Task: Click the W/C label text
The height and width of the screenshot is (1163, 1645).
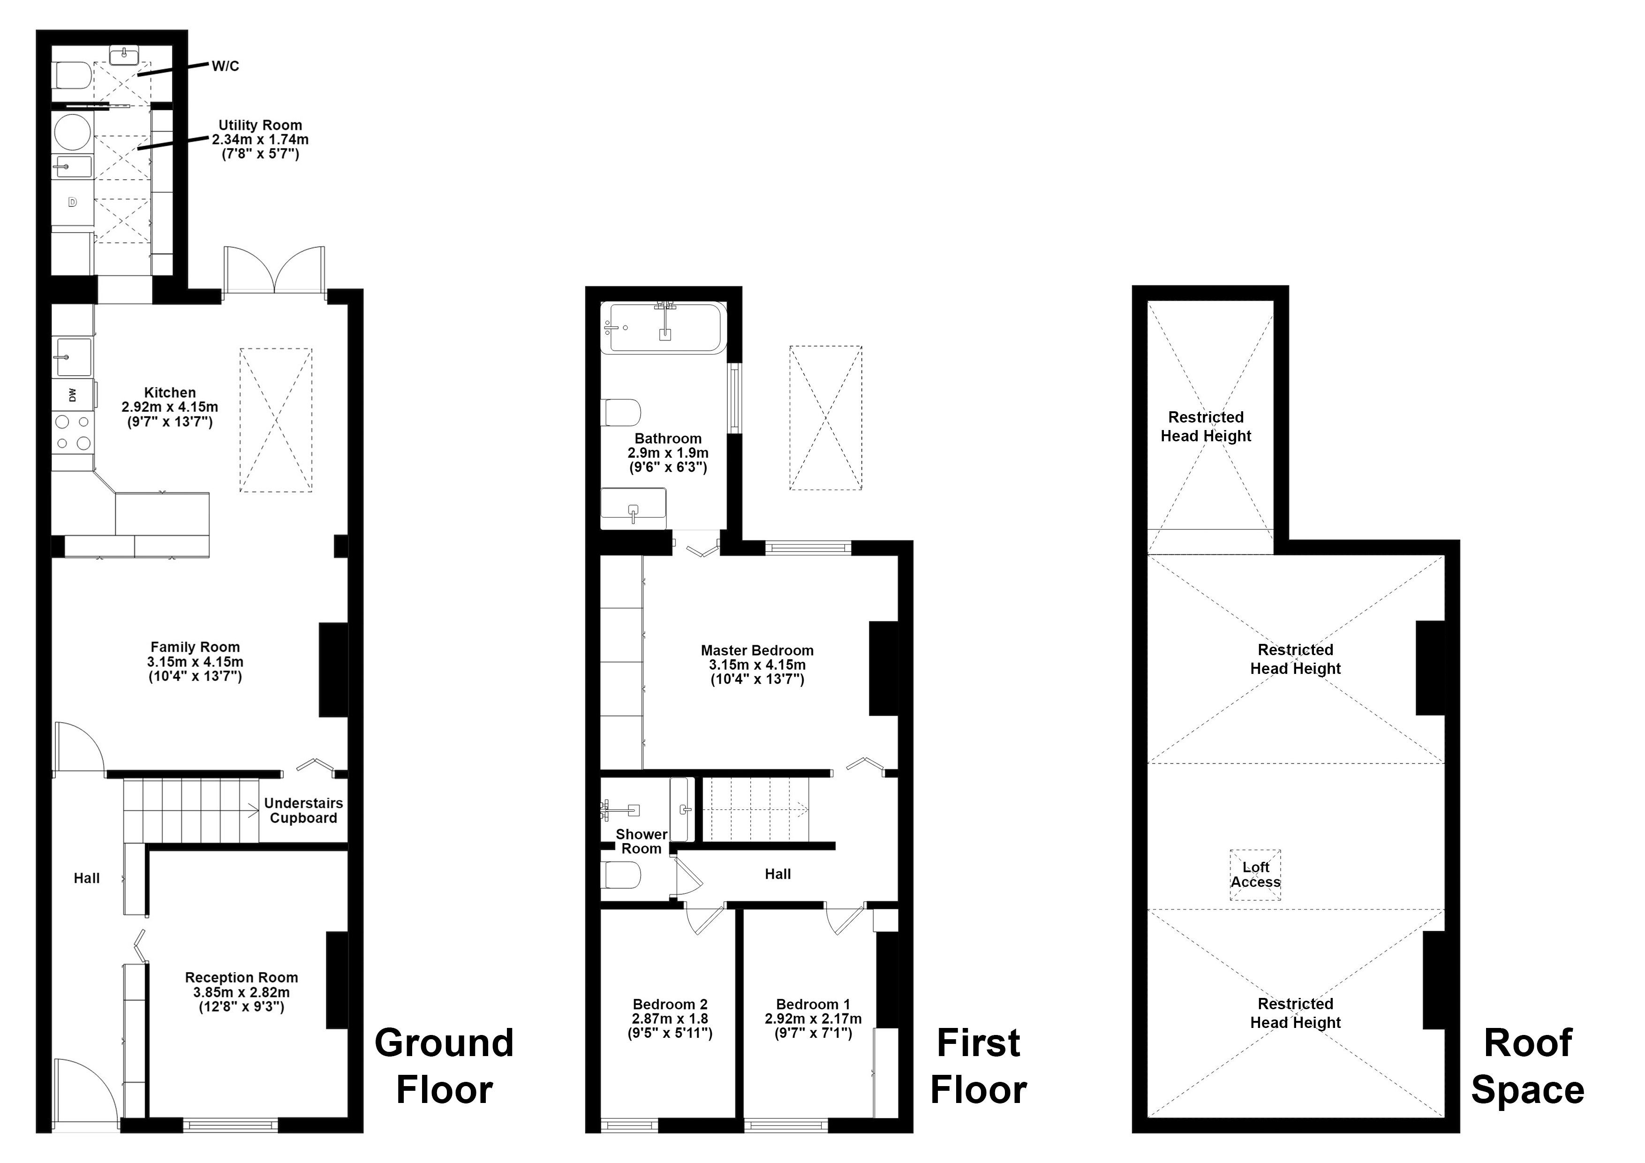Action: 225,67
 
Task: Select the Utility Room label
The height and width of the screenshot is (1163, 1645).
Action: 260,125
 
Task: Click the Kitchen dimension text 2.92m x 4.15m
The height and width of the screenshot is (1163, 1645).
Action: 170,407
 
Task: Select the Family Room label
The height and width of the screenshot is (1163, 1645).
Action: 195,647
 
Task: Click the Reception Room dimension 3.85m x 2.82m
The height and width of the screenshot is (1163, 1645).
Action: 241,992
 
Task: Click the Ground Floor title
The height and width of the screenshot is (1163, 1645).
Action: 444,1066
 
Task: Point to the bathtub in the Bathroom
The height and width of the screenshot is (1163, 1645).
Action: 665,327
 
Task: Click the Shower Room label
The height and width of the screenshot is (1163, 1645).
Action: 641,841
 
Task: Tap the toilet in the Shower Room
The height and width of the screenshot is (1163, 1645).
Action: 620,875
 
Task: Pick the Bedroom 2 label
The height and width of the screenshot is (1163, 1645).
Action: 670,1004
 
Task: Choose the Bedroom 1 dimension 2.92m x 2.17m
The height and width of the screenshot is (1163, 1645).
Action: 813,1019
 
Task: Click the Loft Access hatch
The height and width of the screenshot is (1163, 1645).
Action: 1255,875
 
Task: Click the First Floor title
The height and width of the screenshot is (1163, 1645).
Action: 978,1066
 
